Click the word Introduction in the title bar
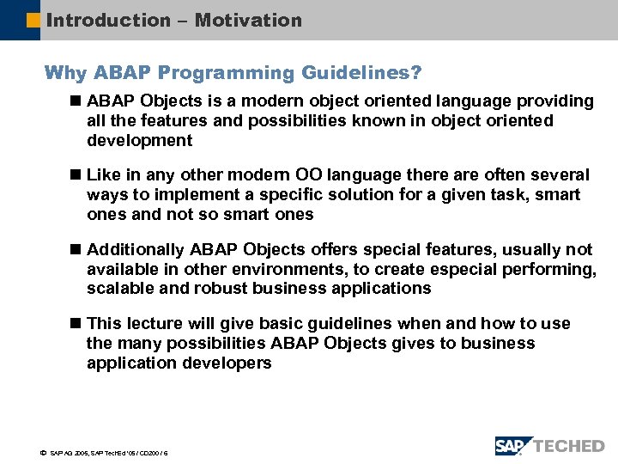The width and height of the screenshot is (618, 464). tap(108, 20)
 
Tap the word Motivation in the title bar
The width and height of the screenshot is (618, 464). tap(248, 20)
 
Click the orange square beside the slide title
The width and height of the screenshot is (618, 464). tap(33, 20)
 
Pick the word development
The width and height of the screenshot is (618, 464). tap(139, 140)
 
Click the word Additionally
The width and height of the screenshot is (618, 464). tap(135, 250)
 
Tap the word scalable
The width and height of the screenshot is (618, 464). tap(120, 289)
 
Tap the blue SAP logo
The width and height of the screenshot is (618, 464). tap(512, 445)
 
